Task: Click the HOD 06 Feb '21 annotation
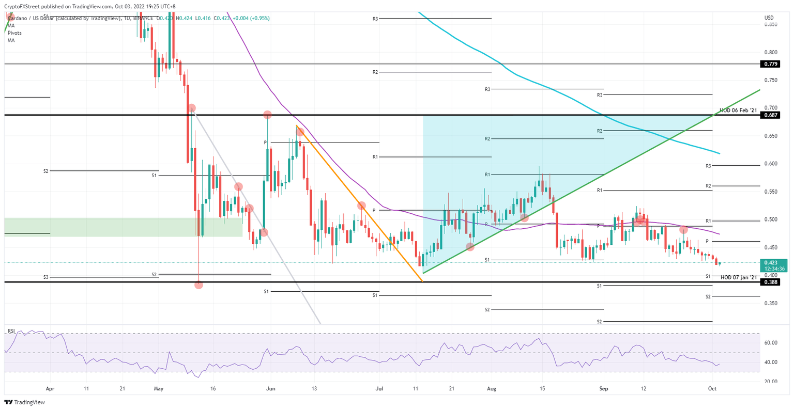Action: point(738,111)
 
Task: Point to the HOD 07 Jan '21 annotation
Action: point(739,277)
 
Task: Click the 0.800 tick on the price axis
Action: point(771,52)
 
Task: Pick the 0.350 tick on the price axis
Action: point(771,303)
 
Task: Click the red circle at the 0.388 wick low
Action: point(199,285)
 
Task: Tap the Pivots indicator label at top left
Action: point(14,33)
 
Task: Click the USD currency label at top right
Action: point(769,18)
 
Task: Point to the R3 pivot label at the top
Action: point(375,19)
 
